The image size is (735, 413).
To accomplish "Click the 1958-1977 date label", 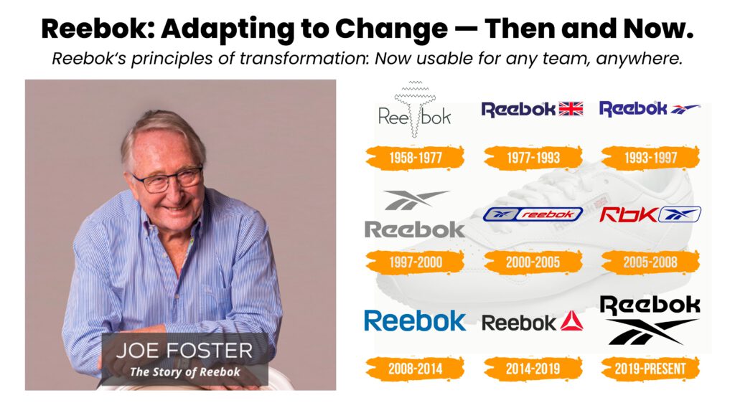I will [415, 157].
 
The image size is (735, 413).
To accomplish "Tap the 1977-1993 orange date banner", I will [533, 157].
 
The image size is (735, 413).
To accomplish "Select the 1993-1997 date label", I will [650, 157].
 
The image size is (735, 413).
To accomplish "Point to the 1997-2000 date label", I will [415, 262].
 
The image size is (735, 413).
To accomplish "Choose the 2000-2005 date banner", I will [533, 262].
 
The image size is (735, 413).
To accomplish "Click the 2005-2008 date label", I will [650, 262].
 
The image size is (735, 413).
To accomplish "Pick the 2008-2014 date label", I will [415, 369].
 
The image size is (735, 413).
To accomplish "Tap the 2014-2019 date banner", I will [533, 369].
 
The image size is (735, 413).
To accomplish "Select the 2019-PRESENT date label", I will [650, 369].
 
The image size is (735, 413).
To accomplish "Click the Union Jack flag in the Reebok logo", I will [571, 109].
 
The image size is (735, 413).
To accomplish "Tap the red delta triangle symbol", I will [571, 322].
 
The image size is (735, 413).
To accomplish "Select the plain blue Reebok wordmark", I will [415, 321].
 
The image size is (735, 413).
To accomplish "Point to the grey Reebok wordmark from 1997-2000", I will [415, 229].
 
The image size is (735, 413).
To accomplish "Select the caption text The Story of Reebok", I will [184, 372].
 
